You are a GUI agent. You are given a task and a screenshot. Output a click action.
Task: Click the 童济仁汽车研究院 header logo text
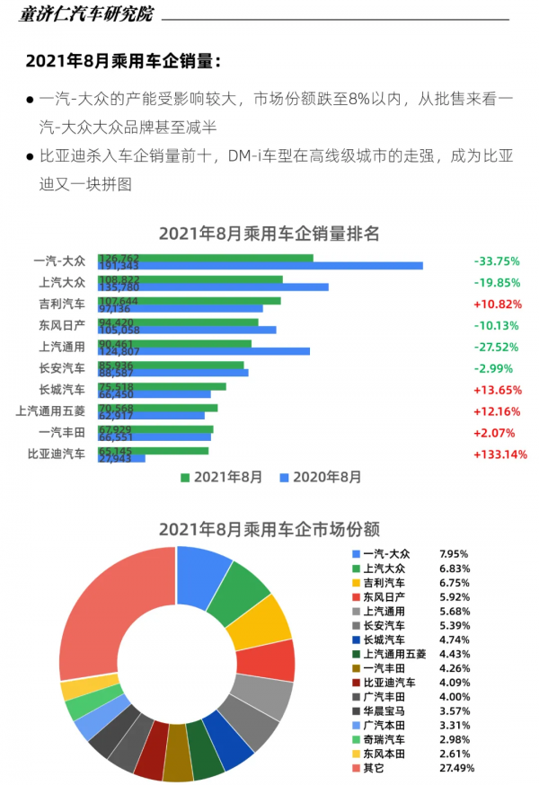(87, 15)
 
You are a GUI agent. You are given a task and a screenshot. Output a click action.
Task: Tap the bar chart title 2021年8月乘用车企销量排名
(269, 234)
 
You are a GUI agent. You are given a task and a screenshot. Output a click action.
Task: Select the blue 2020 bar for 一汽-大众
(269, 266)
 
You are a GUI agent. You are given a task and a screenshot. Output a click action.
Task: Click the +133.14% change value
(499, 454)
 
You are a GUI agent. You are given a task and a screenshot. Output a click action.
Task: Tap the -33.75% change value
(497, 261)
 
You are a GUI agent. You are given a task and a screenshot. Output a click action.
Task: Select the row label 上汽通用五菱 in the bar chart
(50, 411)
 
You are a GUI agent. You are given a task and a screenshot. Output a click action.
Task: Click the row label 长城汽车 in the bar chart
(62, 390)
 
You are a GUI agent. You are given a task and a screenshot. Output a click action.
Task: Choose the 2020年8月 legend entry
(322, 477)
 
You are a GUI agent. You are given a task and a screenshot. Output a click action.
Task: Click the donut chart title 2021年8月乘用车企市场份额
(269, 530)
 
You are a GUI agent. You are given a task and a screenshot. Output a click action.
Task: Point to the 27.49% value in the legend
(454, 769)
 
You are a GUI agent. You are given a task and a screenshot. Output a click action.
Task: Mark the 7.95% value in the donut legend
(454, 554)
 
